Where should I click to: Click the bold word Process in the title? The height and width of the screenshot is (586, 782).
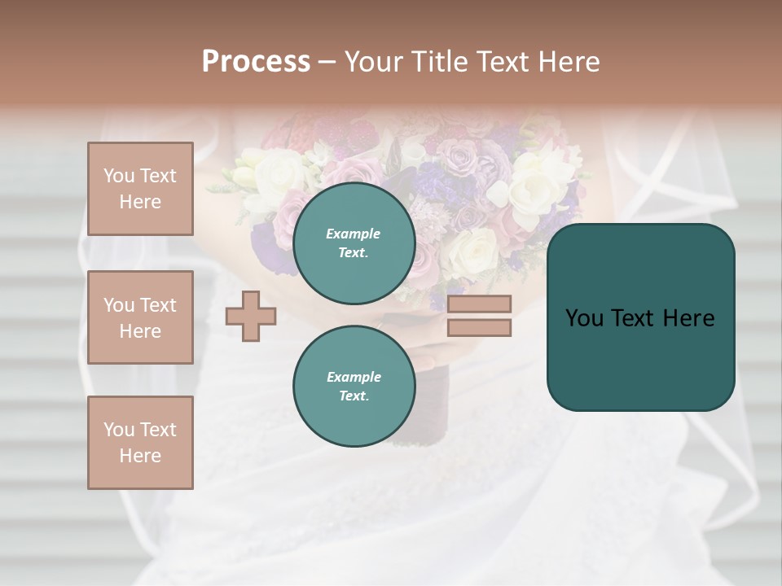coord(256,62)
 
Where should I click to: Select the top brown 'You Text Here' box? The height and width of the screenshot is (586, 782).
coord(140,189)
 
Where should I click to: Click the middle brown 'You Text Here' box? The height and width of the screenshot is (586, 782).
coord(140,317)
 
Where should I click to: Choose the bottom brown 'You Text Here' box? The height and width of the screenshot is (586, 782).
coord(140,443)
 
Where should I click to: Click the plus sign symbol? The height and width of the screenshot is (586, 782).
coord(251,316)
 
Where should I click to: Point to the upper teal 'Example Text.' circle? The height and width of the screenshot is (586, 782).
coord(354,243)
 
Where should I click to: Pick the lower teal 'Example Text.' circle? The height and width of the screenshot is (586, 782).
coord(354,387)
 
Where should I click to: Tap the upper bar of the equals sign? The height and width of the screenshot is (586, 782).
coord(480,304)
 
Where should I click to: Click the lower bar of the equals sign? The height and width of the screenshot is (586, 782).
coord(480,328)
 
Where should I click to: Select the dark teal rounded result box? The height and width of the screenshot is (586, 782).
coord(641,317)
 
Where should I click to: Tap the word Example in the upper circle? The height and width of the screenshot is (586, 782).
coord(354,234)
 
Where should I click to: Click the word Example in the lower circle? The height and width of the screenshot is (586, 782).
coord(354,377)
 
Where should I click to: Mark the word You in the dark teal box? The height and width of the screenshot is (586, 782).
coord(584,317)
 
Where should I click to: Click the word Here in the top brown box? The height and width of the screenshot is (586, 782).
coord(140,202)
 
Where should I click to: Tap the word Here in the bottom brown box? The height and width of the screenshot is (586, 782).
coord(140,456)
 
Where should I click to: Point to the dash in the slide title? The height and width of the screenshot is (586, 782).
coord(327,62)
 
